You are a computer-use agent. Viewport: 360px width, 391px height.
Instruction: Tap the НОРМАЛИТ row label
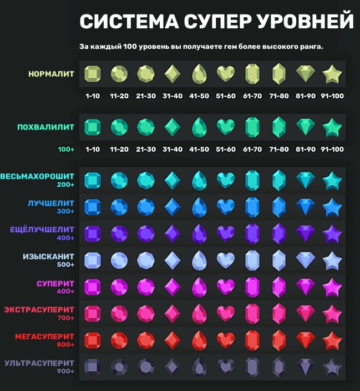coord(52,73)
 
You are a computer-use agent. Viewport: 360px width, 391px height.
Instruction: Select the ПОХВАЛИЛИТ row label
coord(46,127)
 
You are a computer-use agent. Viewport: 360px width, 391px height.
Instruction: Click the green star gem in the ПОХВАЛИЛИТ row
coord(332,127)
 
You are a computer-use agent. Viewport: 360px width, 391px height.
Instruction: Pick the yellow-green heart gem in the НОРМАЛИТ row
coord(225,73)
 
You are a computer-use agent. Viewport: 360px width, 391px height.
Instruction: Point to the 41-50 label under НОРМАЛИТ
coord(199,96)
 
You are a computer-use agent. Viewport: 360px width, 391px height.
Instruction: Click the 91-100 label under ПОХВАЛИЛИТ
coord(332,149)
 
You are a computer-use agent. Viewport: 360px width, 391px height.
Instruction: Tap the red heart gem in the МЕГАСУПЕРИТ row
coord(225,339)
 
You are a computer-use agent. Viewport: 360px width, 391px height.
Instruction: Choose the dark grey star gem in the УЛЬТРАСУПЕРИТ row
coord(332,367)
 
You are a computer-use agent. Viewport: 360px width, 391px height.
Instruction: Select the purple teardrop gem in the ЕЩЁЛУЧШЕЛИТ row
coord(199,233)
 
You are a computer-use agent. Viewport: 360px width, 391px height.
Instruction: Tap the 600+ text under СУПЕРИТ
coord(65,292)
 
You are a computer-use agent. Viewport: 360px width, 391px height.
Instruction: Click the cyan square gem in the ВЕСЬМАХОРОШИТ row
coord(92,180)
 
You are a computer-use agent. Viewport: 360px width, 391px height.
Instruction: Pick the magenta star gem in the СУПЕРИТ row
coord(332,287)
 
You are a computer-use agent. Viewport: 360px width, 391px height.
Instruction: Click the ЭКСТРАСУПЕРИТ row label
coord(39,309)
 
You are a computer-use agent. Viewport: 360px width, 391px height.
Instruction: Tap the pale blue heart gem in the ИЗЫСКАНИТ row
coord(225,259)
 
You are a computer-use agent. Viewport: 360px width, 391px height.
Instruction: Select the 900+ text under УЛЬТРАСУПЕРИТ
coord(65,372)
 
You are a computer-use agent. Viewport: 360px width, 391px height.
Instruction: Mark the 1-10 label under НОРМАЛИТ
coord(92,96)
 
